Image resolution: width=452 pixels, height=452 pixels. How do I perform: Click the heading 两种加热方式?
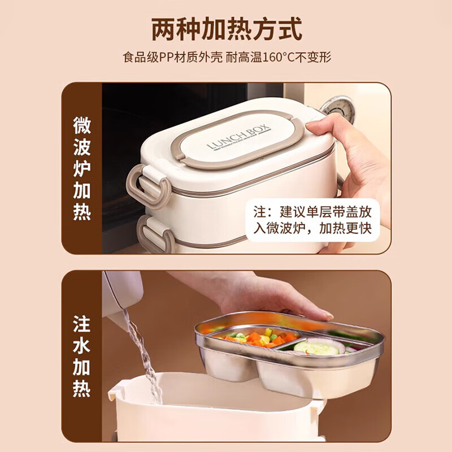(226, 29)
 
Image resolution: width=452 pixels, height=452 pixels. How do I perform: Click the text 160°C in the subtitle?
(280, 57)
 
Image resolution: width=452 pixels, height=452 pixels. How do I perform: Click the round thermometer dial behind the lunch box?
(337, 107)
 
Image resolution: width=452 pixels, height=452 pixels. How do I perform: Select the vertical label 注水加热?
(82, 356)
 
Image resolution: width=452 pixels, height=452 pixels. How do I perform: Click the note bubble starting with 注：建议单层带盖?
(312, 222)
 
